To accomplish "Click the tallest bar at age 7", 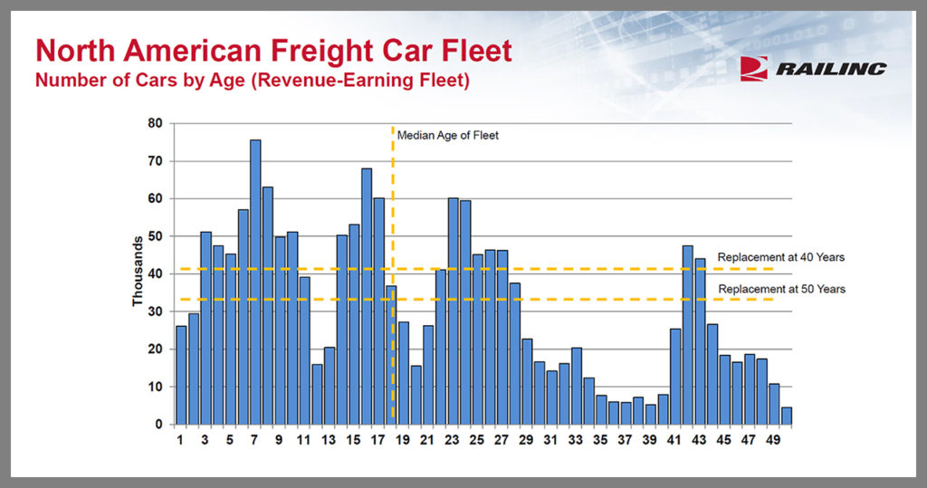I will (x=255, y=282).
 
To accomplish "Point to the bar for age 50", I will (x=787, y=416).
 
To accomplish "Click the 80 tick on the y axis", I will (x=157, y=123).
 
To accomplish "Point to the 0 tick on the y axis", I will (x=160, y=425).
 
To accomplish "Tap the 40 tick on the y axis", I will (x=157, y=273).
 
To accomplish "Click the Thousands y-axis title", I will (x=138, y=272).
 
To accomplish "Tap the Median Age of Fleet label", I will (x=448, y=136).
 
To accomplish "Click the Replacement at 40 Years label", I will (x=780, y=257).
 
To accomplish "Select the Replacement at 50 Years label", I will (x=780, y=289).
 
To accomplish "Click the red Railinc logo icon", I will (x=753, y=69).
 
